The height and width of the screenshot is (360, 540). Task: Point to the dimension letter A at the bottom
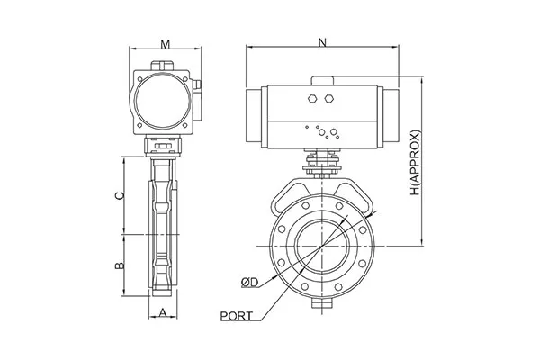(x=163, y=312)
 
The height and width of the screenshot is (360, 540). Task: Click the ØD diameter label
(x=250, y=283)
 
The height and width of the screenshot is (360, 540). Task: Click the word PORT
(x=236, y=316)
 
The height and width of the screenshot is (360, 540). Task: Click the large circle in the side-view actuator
(x=164, y=100)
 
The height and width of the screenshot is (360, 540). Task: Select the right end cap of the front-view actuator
(x=395, y=114)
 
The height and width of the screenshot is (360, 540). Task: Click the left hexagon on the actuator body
(x=312, y=100)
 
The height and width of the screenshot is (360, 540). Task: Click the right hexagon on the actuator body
(x=331, y=100)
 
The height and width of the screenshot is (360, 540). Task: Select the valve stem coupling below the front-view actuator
(x=322, y=164)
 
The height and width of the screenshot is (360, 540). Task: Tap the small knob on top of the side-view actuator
(x=164, y=66)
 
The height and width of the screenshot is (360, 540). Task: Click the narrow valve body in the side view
(x=163, y=225)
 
